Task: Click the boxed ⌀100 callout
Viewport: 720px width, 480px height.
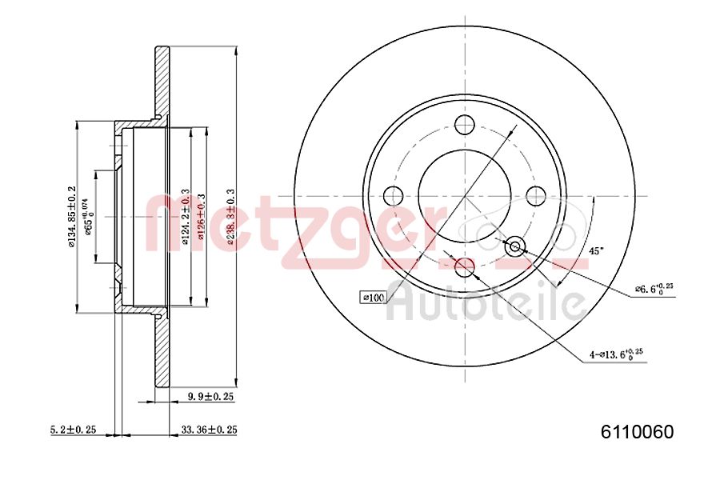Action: click(x=373, y=298)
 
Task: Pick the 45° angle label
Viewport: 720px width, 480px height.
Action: click(x=597, y=251)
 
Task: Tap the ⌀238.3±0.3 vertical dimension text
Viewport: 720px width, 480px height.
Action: click(x=231, y=218)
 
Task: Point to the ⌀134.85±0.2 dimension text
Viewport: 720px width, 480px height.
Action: click(x=71, y=217)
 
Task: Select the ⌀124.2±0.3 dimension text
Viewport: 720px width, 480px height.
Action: click(x=185, y=217)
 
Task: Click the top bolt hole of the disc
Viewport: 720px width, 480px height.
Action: click(x=464, y=125)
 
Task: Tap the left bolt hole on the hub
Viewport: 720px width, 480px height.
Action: click(x=393, y=195)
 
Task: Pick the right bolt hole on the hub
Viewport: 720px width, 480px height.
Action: click(x=535, y=195)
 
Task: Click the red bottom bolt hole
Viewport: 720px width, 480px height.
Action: click(x=464, y=266)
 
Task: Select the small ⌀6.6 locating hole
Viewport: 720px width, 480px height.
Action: click(x=514, y=246)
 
